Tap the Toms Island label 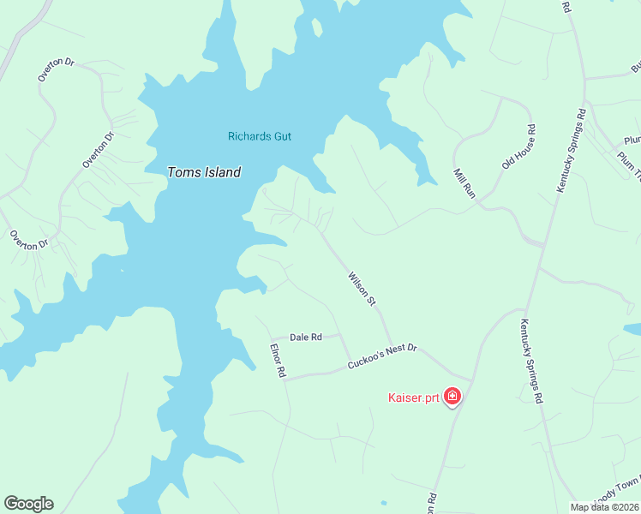coord(203,172)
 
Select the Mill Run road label coord(464,183)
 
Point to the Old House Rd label coord(520,146)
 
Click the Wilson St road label coord(362,289)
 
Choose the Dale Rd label coord(305,338)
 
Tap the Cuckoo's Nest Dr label coord(381,357)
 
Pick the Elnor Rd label coord(277,362)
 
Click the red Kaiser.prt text coord(413,397)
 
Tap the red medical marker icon coord(452,397)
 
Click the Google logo coord(28,504)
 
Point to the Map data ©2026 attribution coord(605,507)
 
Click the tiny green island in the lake coord(317,26)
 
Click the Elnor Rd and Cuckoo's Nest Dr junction coord(286,377)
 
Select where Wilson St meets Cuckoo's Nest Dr coord(393,345)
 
